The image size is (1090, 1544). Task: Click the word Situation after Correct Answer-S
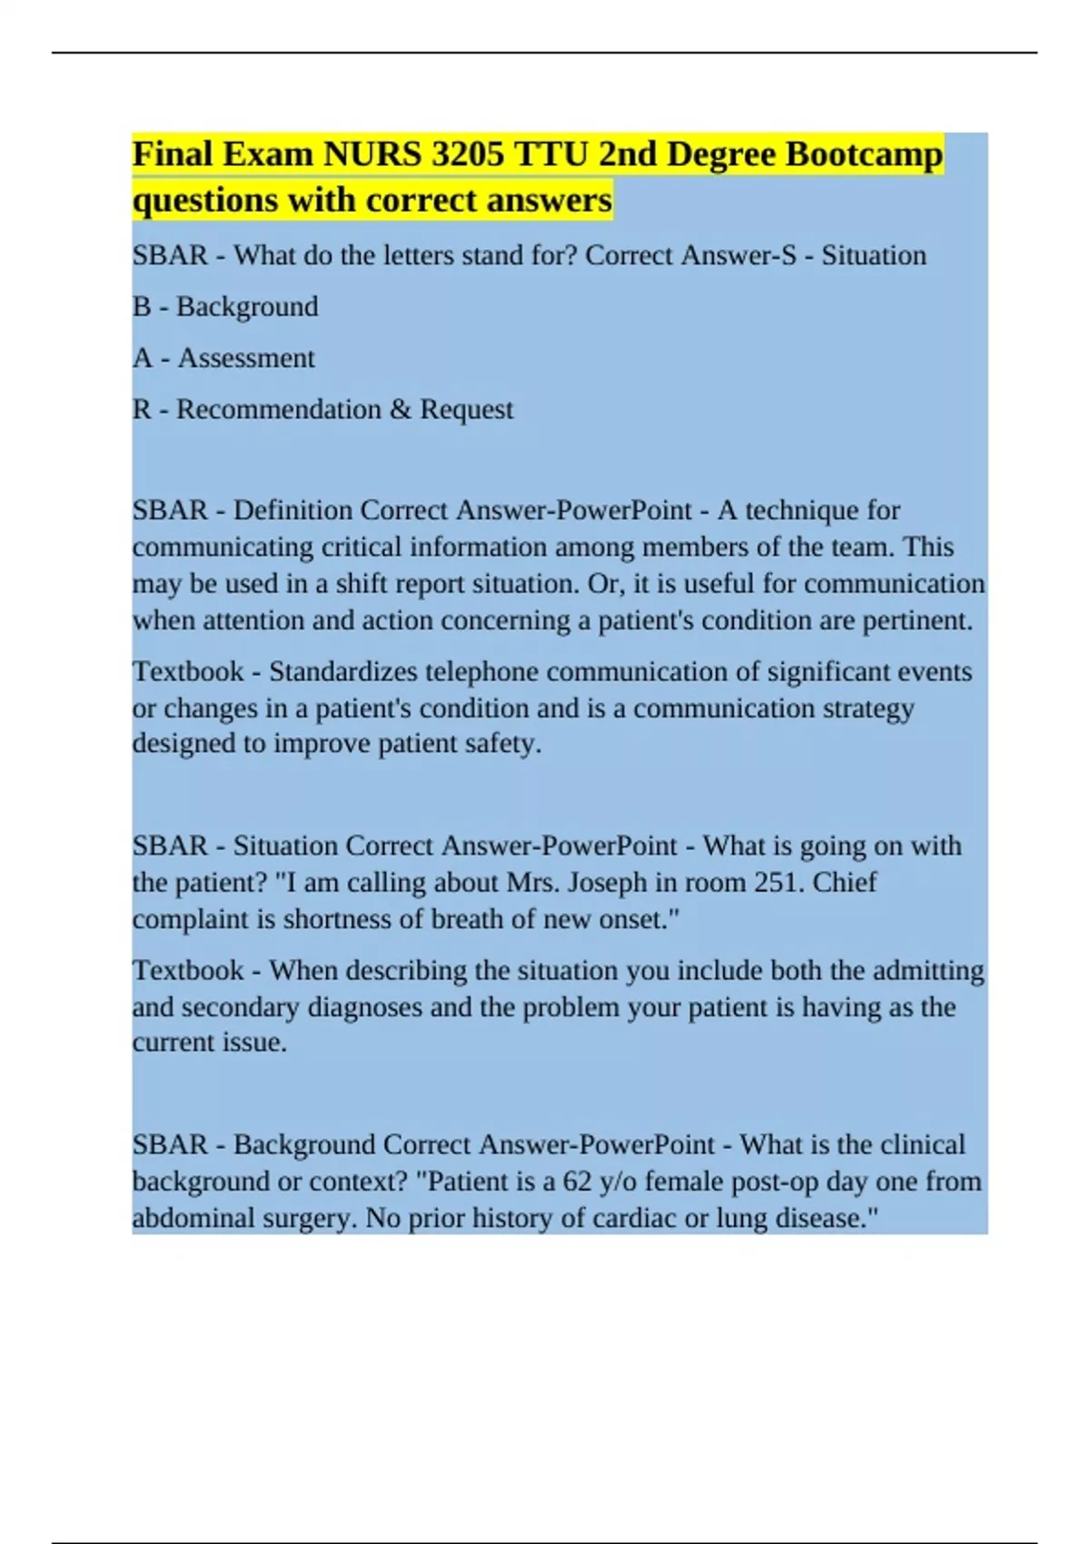tap(874, 255)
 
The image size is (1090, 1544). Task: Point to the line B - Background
tap(225, 307)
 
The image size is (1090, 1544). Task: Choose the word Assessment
tap(246, 358)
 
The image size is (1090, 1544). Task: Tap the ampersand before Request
tap(400, 410)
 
